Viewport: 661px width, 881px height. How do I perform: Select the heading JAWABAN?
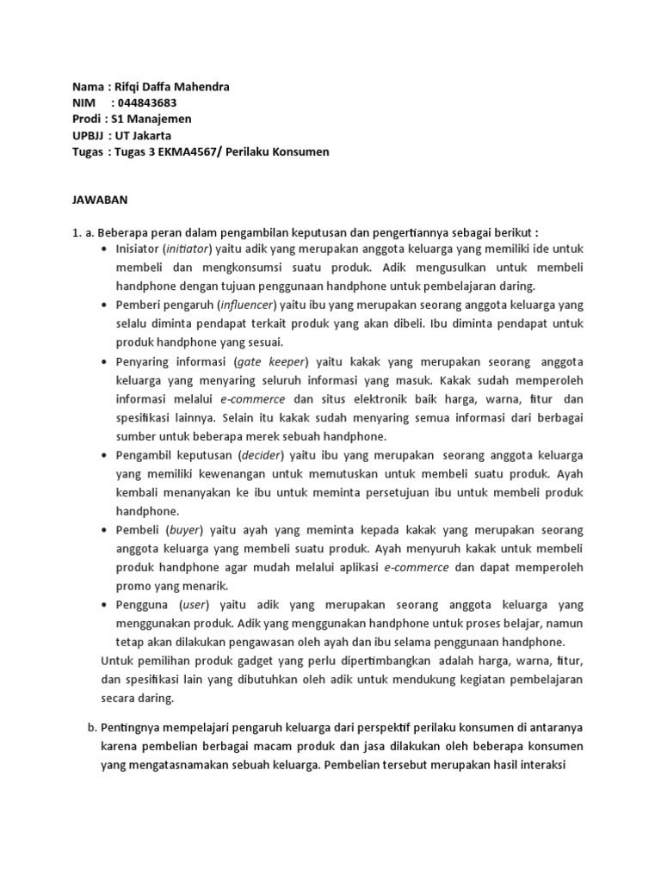tap(99, 200)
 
